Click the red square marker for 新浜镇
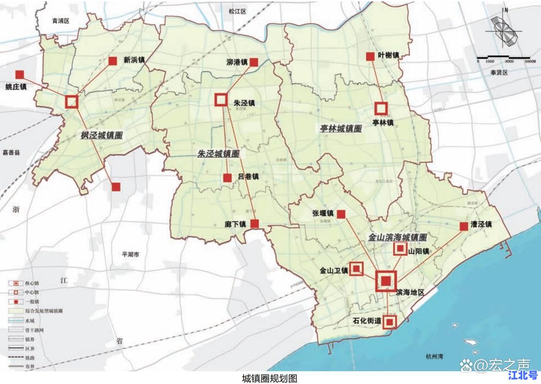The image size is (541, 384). (113, 61)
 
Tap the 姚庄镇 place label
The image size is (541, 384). (16, 87)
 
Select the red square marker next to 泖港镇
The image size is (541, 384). (254, 62)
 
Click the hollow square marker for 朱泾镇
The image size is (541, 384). (221, 99)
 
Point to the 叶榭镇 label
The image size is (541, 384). (388, 56)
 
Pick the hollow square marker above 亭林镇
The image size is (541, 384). (381, 108)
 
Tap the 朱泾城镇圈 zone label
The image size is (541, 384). (218, 154)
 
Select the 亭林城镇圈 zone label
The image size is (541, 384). (341, 129)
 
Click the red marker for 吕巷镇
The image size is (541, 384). (227, 178)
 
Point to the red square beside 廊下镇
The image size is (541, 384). (255, 224)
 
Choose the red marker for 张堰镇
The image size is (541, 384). (342, 214)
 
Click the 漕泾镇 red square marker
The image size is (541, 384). (464, 226)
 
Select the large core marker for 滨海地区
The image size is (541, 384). (386, 281)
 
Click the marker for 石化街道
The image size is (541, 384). (390, 321)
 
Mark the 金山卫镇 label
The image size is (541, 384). (334, 271)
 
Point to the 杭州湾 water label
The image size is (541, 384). (435, 356)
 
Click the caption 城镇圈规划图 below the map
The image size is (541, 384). (270, 378)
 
